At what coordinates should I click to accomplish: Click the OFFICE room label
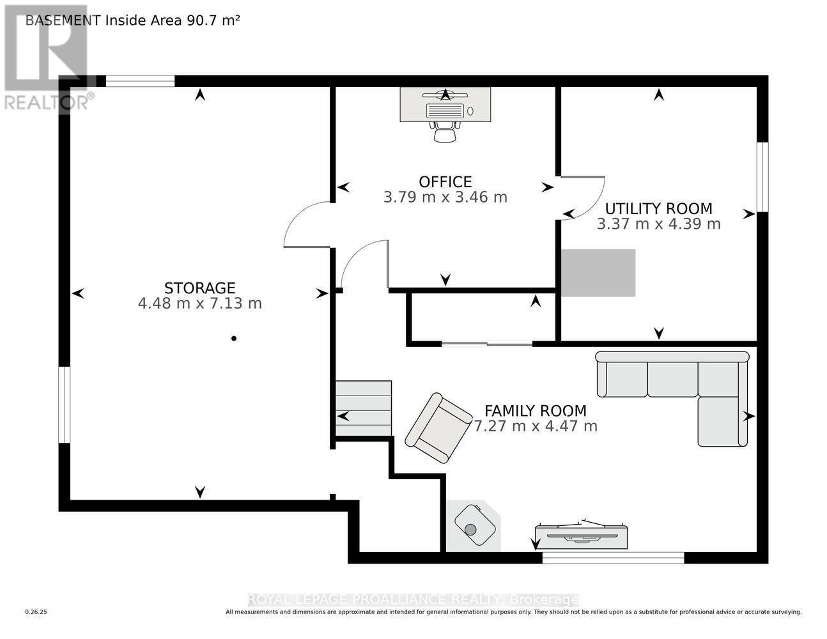point(445,181)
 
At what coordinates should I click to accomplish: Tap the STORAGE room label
point(199,288)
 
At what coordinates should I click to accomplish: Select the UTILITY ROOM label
point(658,208)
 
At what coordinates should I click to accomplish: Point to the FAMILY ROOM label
point(535,410)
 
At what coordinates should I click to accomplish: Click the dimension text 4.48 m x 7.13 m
point(199,303)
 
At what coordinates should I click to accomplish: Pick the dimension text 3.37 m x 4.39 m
point(658,224)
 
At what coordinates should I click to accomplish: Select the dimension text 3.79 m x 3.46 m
point(445,197)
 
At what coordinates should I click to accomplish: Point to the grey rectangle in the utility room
point(598,273)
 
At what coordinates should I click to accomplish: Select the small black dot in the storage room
point(234,338)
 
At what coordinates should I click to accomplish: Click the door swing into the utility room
point(584,197)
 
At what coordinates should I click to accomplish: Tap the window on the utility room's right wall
point(762,176)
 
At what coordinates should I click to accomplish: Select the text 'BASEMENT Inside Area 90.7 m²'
point(132,20)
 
